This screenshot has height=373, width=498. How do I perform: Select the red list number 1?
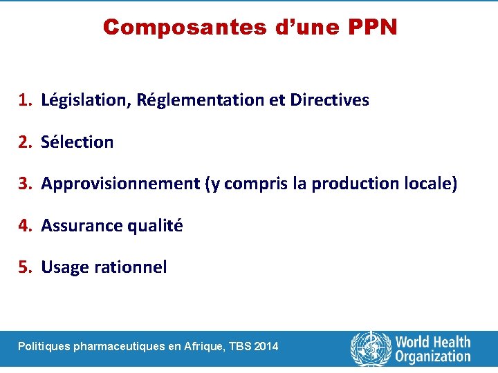tap(24, 100)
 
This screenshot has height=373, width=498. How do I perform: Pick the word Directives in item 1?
tap(329, 100)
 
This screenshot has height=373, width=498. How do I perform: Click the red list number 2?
tap(24, 142)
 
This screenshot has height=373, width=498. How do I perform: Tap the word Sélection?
tap(77, 142)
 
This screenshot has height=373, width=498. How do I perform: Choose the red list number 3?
tap(24, 184)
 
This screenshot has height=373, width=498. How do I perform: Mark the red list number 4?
tap(24, 226)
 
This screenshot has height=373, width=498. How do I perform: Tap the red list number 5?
tap(24, 267)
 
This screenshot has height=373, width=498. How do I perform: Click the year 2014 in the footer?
tap(266, 346)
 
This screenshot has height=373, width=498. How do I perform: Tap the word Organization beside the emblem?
tap(433, 356)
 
